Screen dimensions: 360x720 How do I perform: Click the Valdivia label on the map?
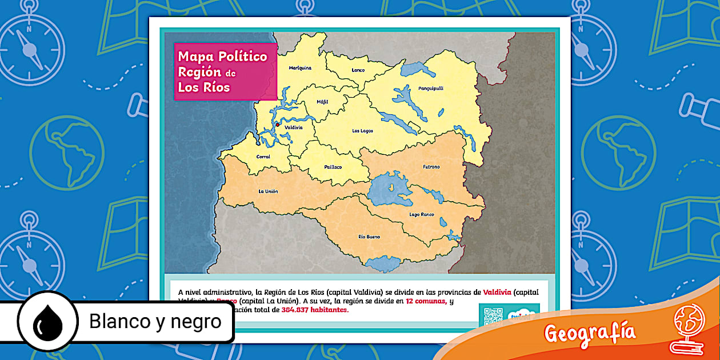point(294,127)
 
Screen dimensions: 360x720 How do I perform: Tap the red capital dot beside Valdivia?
point(278,124)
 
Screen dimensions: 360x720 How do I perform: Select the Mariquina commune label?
point(300,67)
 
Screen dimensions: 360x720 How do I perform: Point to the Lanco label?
point(358,70)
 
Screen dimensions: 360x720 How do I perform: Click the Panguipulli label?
point(431,89)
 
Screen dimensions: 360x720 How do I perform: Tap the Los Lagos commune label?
point(362,131)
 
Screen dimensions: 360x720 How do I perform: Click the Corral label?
point(263,157)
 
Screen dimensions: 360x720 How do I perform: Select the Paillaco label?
point(333,167)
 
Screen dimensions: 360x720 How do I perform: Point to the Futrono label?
point(431,167)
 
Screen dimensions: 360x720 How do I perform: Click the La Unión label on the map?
point(268,191)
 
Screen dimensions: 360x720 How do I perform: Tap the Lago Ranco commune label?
point(422,214)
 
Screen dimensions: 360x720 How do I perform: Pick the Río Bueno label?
point(369,237)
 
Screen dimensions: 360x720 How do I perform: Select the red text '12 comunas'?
point(426,301)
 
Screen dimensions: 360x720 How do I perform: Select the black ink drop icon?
point(47,323)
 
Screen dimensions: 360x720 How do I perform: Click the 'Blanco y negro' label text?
point(155,322)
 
